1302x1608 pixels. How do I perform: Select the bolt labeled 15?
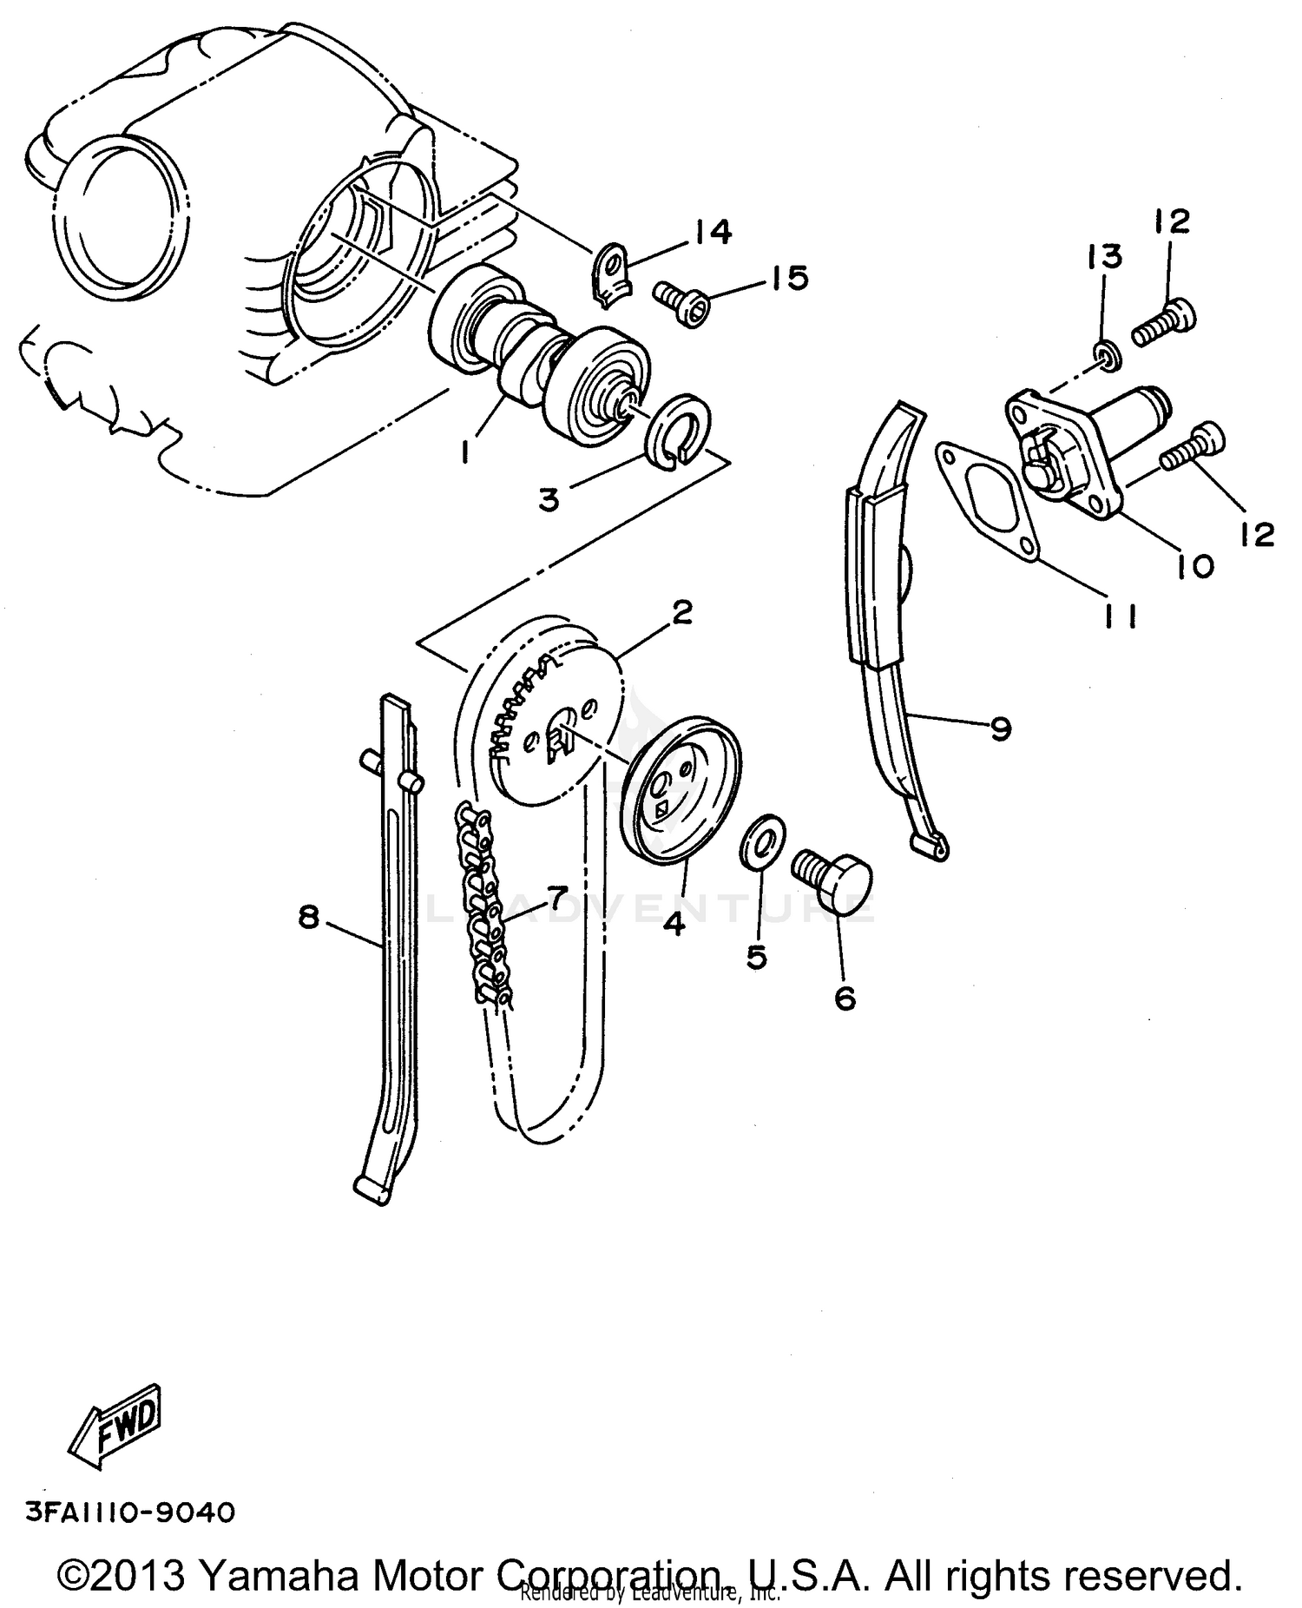coord(681,303)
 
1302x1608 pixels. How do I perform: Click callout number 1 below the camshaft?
coord(465,450)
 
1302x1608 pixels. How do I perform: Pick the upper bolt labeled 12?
coord(1163,324)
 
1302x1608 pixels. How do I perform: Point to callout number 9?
coord(1000,728)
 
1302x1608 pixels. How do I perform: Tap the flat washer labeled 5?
coord(764,840)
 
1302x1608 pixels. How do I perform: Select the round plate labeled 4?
coord(682,786)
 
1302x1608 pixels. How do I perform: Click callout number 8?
coord(309,916)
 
